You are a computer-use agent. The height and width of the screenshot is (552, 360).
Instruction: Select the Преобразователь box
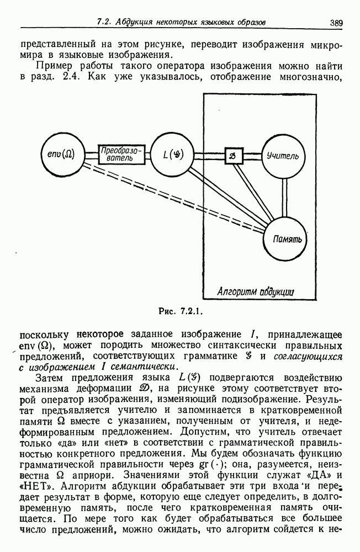[121, 154]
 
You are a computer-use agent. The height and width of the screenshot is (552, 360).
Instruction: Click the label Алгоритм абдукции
[255, 291]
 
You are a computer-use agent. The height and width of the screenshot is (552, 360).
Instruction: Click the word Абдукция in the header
[135, 23]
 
